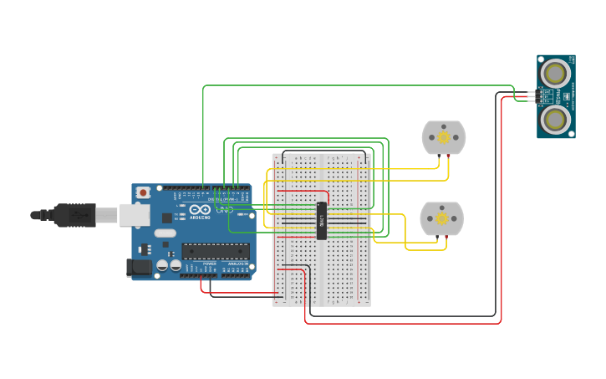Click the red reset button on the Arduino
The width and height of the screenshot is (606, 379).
pyautogui.click(x=143, y=192)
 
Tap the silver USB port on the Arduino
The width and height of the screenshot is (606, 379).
pyautogui.click(x=133, y=215)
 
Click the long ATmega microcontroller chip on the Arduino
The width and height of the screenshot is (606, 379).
pyautogui.click(x=216, y=250)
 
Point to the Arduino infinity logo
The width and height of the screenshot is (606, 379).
pyautogui.click(x=199, y=210)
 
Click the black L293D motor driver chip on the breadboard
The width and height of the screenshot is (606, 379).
pyautogui.click(x=322, y=221)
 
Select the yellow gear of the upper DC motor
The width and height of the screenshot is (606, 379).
pyautogui.click(x=444, y=136)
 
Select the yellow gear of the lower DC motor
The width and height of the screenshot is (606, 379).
pyautogui.click(x=441, y=218)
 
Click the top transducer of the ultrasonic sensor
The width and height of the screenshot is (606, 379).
pyautogui.click(x=554, y=74)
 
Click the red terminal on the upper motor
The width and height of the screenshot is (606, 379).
pyautogui.click(x=450, y=156)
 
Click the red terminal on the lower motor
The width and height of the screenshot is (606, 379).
pyautogui.click(x=447, y=237)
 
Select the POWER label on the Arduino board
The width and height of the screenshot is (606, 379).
pyautogui.click(x=209, y=264)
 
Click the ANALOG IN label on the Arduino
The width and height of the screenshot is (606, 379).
pyautogui.click(x=237, y=264)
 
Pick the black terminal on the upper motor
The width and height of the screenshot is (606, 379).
pyautogui.click(x=438, y=156)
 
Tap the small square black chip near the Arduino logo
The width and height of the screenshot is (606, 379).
pyautogui.click(x=166, y=218)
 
